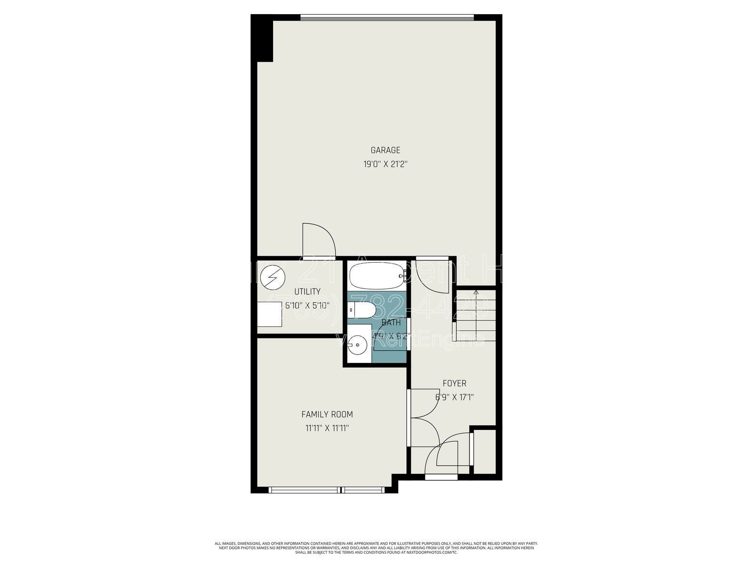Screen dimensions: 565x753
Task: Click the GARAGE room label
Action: click(x=385, y=150)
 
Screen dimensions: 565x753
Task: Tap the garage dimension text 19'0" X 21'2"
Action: click(x=385, y=164)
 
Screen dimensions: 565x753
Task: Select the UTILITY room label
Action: click(x=307, y=291)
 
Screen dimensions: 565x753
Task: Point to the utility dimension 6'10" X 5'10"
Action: click(x=307, y=305)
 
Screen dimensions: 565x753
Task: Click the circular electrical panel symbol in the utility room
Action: click(x=272, y=277)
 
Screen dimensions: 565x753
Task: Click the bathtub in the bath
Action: click(x=376, y=276)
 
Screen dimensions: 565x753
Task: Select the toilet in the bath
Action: click(x=362, y=311)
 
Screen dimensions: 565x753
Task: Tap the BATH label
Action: click(x=391, y=323)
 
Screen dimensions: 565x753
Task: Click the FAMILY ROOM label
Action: click(x=327, y=414)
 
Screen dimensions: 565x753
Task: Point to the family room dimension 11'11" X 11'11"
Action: click(x=327, y=428)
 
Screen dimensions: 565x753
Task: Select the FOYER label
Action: click(x=454, y=383)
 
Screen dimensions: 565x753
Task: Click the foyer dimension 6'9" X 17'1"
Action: click(x=454, y=397)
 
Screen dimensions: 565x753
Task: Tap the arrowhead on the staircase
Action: click(x=476, y=293)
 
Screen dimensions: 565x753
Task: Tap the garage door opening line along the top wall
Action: click(x=387, y=18)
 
